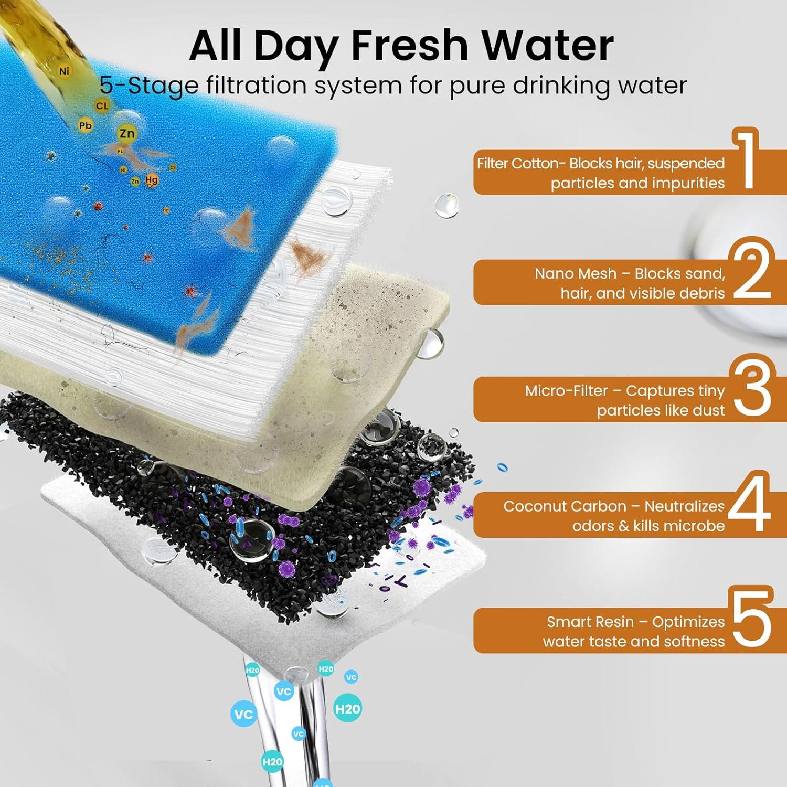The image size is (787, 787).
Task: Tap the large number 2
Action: [x=752, y=272]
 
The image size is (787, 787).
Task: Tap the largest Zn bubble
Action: [x=127, y=134]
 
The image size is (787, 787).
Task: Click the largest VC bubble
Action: [x=244, y=714]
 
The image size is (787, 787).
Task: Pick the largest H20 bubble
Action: [x=347, y=709]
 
